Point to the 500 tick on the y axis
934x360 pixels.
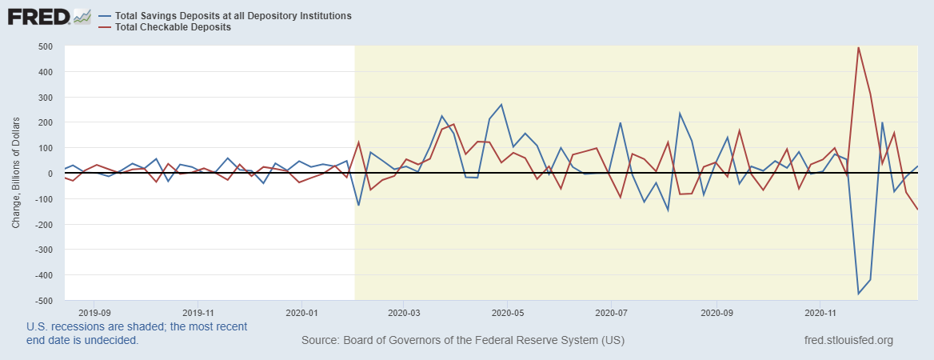(x=45, y=46)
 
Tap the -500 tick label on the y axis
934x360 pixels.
(x=43, y=300)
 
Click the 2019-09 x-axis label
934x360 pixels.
(x=94, y=312)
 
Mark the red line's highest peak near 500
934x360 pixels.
(x=859, y=47)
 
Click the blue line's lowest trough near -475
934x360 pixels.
(x=859, y=294)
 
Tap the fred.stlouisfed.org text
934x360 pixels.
(x=848, y=341)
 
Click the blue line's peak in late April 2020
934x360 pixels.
(x=501, y=105)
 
